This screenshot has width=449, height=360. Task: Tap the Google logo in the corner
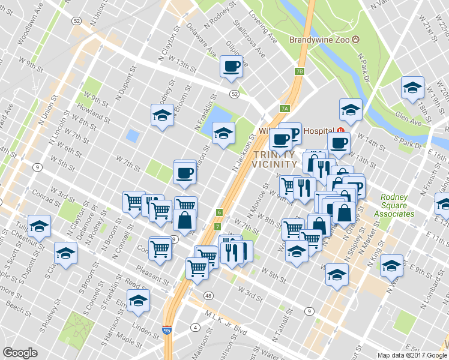pyautogui.click(x=20, y=352)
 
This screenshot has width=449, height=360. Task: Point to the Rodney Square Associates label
pyautogui.click(x=397, y=205)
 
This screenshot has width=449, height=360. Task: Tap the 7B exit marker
pyautogui.click(x=300, y=71)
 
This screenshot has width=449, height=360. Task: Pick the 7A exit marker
pyautogui.click(x=285, y=109)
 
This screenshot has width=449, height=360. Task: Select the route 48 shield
pyautogui.click(x=208, y=296)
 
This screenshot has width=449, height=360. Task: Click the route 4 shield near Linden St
pyautogui.click(x=195, y=328)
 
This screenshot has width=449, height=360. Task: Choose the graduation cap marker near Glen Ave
pyautogui.click(x=412, y=88)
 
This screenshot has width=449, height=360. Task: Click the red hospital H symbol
pyautogui.click(x=340, y=130)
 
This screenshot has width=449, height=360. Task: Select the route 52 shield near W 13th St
pyautogui.click(x=234, y=94)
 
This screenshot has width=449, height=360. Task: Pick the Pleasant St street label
pyautogui.click(x=151, y=275)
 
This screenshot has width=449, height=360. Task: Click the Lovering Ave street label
pyautogui.click(x=262, y=27)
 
